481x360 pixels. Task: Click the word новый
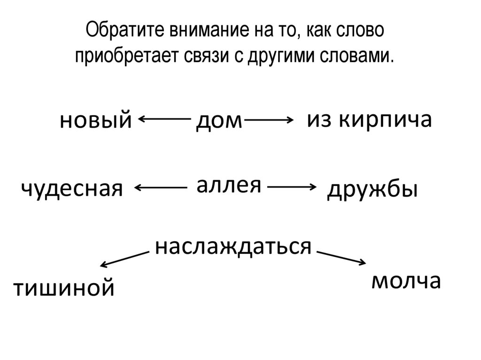click(x=95, y=122)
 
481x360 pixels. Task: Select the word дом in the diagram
click(x=218, y=122)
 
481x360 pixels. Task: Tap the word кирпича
click(x=385, y=120)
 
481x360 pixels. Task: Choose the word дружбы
click(x=372, y=190)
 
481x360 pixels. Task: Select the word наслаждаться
click(x=233, y=246)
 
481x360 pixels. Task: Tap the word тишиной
click(x=63, y=287)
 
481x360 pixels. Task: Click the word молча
click(x=406, y=281)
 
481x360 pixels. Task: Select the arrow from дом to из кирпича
click(x=269, y=121)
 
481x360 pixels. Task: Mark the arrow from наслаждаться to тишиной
click(x=125, y=259)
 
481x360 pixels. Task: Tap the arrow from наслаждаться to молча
click(x=341, y=258)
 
